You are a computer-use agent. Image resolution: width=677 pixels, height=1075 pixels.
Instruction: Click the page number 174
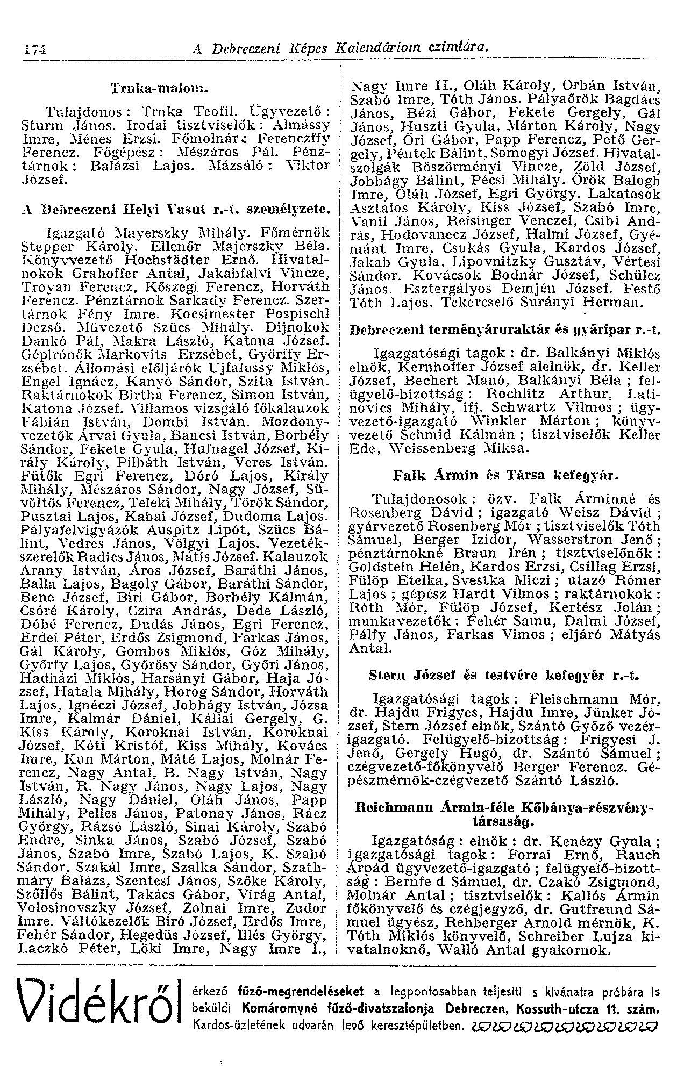33,49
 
